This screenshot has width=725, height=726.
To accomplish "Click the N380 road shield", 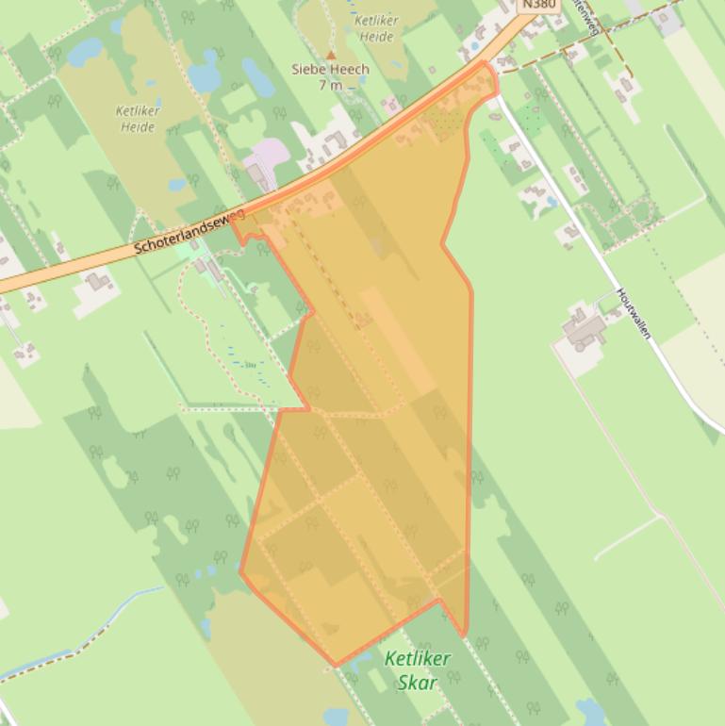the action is click(x=538, y=5).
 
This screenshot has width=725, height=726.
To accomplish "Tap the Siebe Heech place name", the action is click(x=330, y=70).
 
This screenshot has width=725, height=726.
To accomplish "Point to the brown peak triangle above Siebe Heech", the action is click(x=331, y=56).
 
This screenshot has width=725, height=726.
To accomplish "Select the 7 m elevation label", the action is click(x=330, y=85).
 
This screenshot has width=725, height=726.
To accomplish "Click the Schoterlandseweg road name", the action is click(x=189, y=232).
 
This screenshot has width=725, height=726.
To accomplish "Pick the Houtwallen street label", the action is click(x=634, y=313).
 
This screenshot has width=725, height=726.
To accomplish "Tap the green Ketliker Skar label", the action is click(x=418, y=669).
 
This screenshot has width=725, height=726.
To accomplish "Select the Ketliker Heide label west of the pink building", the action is click(x=138, y=118).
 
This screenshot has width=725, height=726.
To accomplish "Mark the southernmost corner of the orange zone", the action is click(x=336, y=666).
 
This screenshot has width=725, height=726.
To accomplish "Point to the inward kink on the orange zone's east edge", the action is click(x=443, y=244).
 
